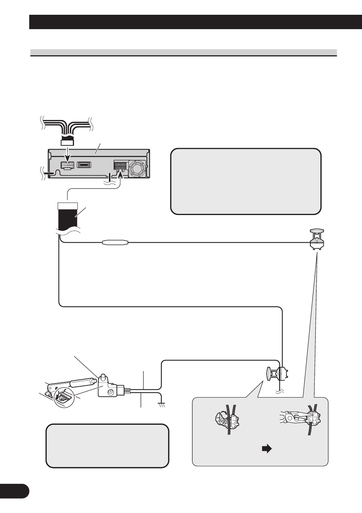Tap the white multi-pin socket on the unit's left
pos(67,166)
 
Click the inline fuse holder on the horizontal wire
pos(116,243)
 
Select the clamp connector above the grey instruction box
pos(277,375)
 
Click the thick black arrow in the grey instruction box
pos(267,449)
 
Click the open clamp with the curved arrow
pos(226,419)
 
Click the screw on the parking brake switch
pos(111,392)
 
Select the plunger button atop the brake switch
pos(102,377)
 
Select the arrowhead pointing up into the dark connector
pos(120,175)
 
